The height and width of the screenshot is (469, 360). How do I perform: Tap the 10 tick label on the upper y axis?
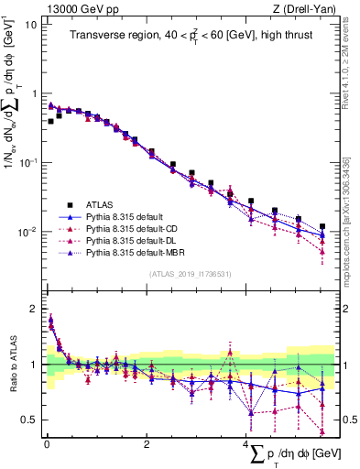tap(31, 25)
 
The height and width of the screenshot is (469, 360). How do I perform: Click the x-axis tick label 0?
tap(47, 445)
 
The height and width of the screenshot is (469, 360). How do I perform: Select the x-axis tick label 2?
tap(147, 445)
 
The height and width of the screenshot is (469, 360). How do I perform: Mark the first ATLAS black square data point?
tap(50, 120)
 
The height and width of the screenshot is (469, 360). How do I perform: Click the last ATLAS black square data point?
tap(322, 226)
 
